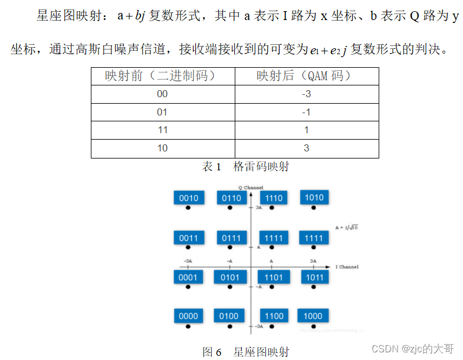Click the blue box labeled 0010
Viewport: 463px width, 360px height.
188,198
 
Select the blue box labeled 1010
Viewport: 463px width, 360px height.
314,197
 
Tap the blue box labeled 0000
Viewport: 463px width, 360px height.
188,316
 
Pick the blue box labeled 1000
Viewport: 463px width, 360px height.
313,316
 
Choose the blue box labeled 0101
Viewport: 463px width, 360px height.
229,277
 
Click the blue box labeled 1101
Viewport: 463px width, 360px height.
273,277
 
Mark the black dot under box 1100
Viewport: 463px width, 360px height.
273,326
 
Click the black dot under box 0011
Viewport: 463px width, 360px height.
188,247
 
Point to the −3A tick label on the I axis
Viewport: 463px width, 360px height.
188,261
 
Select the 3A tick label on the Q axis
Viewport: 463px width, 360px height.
258,208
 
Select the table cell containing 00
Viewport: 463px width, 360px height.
163,94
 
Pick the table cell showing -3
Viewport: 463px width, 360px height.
307,94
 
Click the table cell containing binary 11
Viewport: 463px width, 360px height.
163,130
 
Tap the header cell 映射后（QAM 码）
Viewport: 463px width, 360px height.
307,76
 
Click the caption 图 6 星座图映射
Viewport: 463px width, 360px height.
245,352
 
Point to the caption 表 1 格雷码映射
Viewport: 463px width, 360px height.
245,167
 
